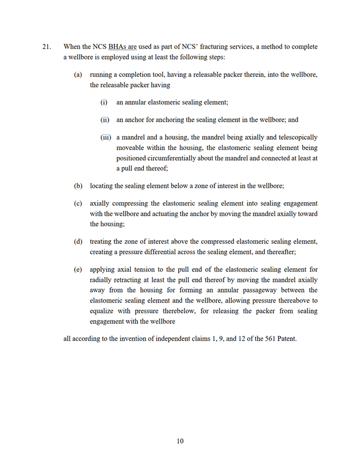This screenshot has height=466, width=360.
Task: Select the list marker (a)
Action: click(x=78, y=74)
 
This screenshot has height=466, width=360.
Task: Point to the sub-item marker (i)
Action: click(x=105, y=102)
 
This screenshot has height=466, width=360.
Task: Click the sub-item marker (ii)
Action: click(x=105, y=120)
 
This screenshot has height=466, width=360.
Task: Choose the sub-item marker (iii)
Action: click(x=105, y=137)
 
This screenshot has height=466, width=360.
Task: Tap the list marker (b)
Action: click(x=78, y=186)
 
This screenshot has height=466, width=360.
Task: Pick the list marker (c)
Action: click(x=78, y=204)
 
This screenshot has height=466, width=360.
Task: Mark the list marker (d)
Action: click(x=78, y=241)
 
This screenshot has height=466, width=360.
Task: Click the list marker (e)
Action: click(x=78, y=270)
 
